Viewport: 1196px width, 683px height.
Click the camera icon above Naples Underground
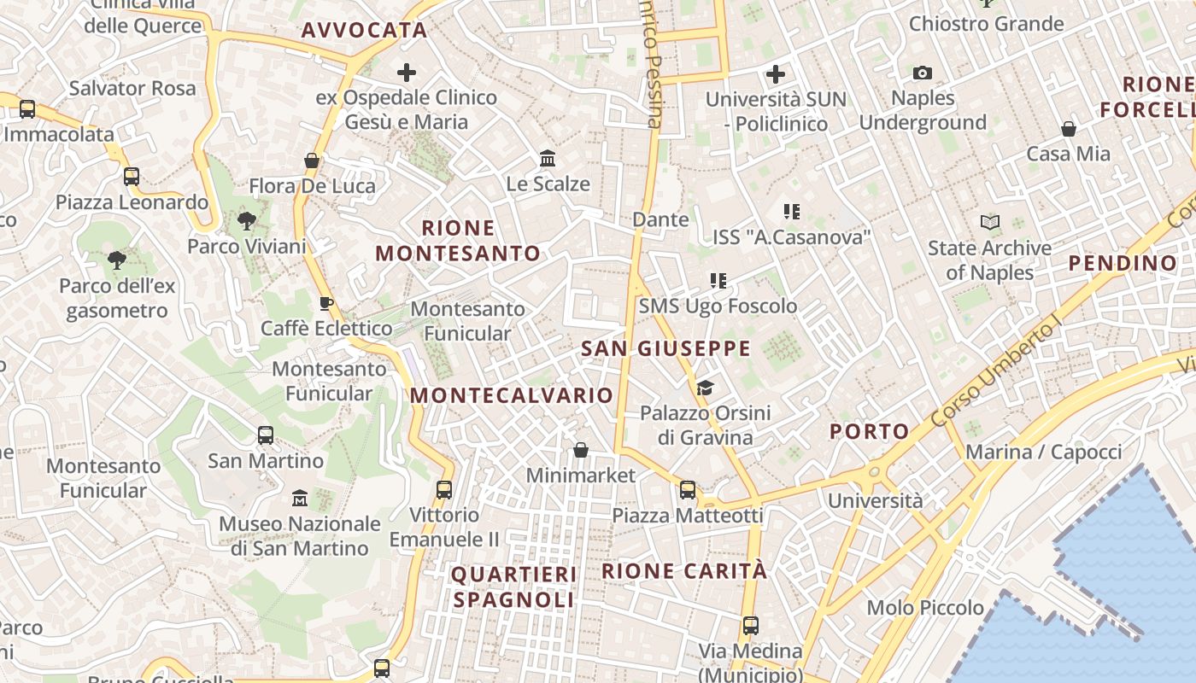tap(923, 73)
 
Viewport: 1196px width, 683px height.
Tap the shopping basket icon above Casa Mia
tap(1069, 129)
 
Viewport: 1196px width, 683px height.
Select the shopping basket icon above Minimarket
tap(581, 450)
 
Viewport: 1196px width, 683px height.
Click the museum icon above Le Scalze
tap(548, 159)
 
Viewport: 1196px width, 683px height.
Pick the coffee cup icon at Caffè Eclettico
tap(325, 303)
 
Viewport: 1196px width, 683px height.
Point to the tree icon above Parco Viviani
tap(247, 222)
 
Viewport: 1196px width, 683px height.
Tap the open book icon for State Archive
tap(990, 223)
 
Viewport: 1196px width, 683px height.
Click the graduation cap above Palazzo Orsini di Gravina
tap(705, 388)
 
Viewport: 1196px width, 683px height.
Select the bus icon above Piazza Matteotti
tap(688, 490)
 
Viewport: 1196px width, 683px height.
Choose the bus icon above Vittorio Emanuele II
tap(444, 489)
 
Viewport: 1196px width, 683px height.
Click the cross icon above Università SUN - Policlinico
tap(776, 74)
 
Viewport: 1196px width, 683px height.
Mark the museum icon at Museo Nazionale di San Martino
tap(300, 498)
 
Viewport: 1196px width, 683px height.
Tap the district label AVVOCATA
tap(364, 31)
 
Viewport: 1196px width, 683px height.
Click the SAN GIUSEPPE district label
tap(665, 348)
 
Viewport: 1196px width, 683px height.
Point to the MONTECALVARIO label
tap(512, 395)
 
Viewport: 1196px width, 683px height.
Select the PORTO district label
tap(870, 431)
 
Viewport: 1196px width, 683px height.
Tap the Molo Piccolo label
tap(925, 608)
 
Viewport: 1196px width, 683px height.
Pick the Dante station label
tap(660, 219)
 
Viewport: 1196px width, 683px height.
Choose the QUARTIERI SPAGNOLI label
tap(513, 587)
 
